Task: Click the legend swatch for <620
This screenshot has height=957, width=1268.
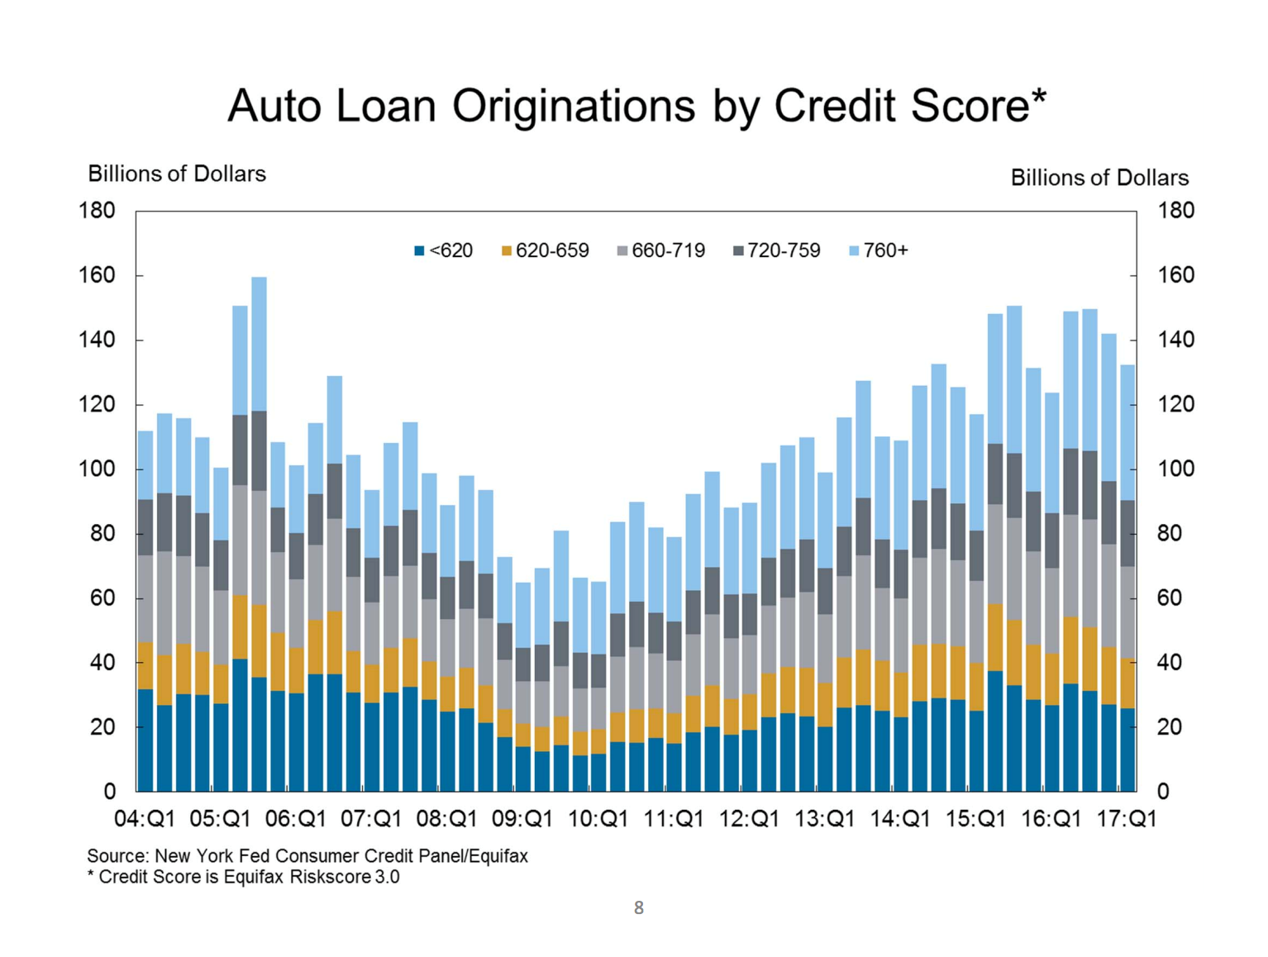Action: click(x=419, y=250)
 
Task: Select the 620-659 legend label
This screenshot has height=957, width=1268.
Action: click(x=552, y=250)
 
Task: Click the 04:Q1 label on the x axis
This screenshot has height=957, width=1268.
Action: click(x=145, y=819)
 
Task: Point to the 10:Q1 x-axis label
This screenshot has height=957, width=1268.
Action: click(x=598, y=819)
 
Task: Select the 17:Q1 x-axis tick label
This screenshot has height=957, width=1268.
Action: click(x=1126, y=819)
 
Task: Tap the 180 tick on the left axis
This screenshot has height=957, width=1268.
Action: click(x=97, y=211)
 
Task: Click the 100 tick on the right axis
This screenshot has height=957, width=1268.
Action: click(x=1175, y=469)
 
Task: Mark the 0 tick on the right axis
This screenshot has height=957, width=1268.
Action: click(x=1163, y=792)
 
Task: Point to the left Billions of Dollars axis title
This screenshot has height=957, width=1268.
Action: click(x=177, y=174)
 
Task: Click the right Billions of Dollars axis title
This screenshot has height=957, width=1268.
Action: click(x=1099, y=178)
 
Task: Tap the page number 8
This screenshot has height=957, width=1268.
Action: click(x=638, y=908)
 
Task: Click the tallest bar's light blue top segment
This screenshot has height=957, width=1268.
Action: click(x=259, y=344)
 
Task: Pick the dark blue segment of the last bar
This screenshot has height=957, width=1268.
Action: click(x=1127, y=750)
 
